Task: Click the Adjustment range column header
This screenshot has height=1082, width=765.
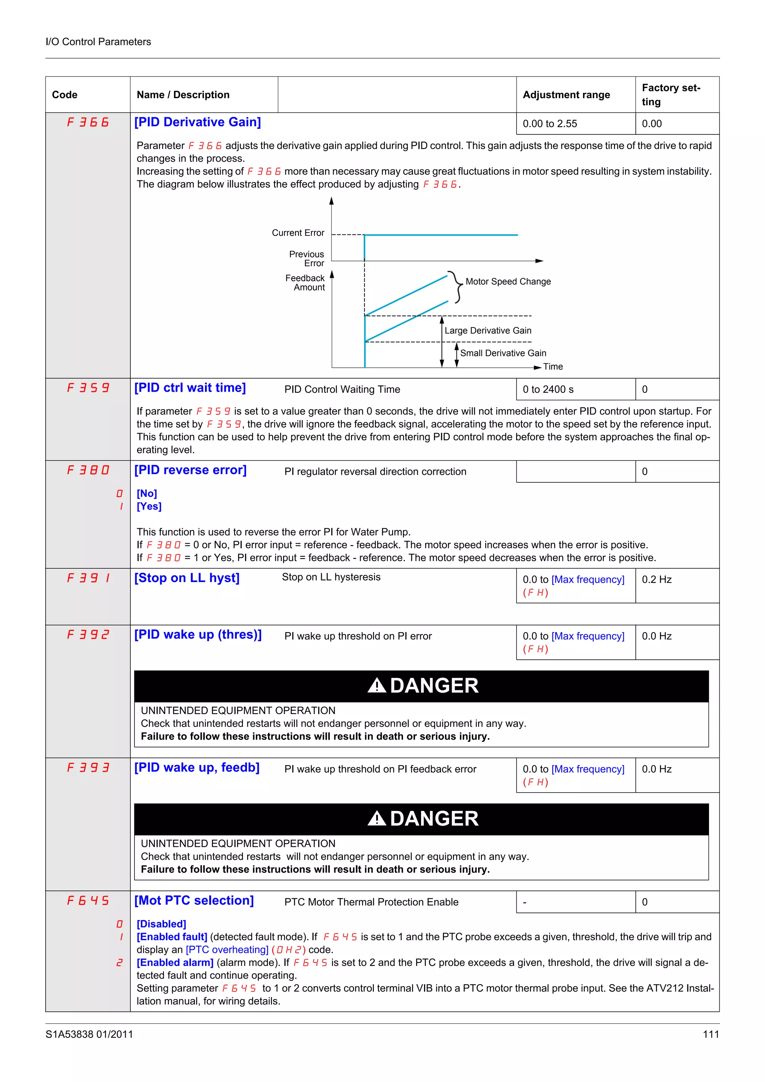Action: point(566,95)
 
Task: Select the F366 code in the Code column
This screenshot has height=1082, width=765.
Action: point(88,122)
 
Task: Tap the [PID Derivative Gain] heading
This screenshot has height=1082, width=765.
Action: point(198,122)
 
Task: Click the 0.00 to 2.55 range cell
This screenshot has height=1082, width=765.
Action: point(549,124)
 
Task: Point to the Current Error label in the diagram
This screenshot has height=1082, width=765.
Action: point(298,233)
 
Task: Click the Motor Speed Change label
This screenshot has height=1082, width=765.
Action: point(508,282)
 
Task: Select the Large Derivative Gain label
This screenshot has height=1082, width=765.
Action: point(487,331)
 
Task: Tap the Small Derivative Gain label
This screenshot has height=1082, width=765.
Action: point(503,353)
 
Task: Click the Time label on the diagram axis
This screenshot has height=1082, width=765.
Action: point(552,367)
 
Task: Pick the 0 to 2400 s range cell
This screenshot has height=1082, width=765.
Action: point(548,389)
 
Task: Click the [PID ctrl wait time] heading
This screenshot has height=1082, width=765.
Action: point(190,388)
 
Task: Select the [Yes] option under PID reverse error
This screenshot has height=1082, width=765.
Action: point(149,506)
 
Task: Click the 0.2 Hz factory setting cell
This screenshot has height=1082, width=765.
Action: point(656,579)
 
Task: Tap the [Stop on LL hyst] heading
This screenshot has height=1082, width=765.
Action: point(187,578)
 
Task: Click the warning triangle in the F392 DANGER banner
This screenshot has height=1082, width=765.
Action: point(377,685)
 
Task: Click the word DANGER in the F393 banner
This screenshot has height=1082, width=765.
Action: point(434,818)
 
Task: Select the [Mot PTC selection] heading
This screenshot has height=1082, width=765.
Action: point(194,901)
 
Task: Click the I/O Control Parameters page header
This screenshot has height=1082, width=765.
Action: point(98,41)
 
